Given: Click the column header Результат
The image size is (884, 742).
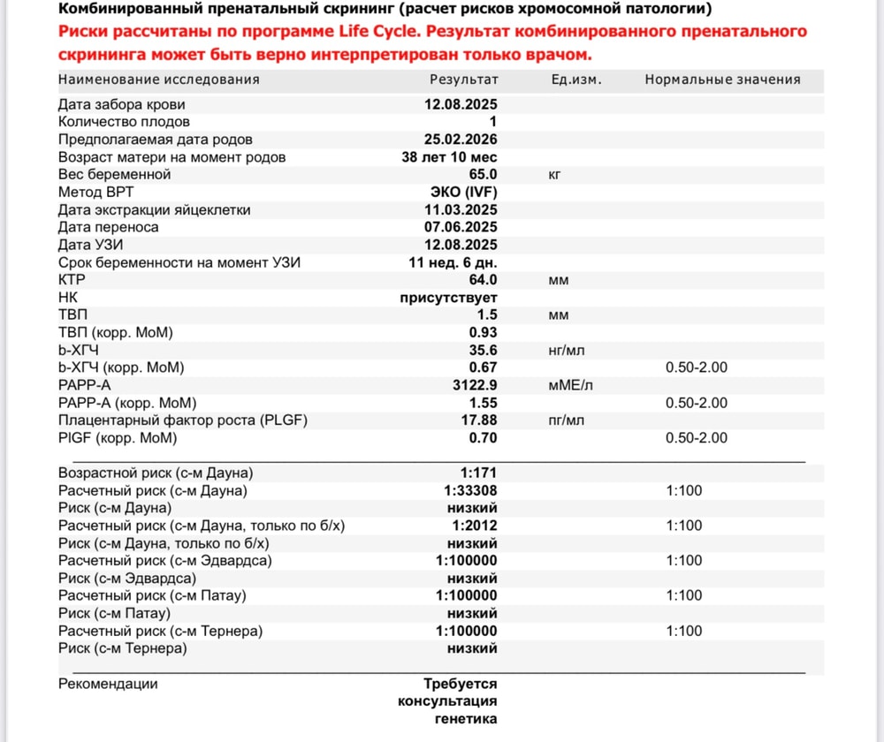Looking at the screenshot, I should (x=464, y=79).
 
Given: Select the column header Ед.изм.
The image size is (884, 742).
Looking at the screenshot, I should (x=575, y=79).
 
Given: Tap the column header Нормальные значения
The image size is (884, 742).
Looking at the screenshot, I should (x=722, y=79).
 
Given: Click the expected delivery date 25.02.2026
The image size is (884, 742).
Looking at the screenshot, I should (x=461, y=140).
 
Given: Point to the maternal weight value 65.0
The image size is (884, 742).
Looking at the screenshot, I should (x=482, y=175).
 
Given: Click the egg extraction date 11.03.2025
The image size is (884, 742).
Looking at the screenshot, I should (x=461, y=210).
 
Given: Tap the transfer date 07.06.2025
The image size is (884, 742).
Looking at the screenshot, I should (x=461, y=227).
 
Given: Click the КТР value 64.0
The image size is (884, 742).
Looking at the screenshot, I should (x=482, y=280).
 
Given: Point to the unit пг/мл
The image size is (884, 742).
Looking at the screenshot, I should (x=567, y=420).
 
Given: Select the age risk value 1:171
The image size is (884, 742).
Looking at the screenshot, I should (x=479, y=473).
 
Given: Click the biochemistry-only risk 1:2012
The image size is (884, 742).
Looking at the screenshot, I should (x=475, y=526).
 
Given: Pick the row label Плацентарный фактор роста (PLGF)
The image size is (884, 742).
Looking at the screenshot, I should (x=183, y=420).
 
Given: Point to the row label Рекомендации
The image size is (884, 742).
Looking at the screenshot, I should (x=108, y=684).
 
